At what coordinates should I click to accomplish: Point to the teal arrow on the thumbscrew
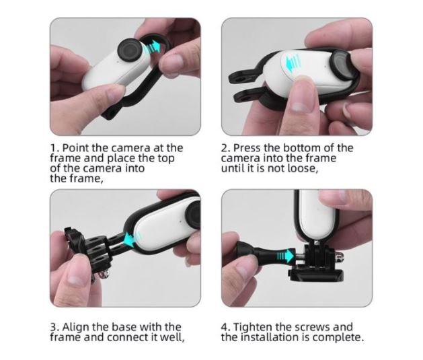click(286, 255)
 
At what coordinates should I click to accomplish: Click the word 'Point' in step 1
click(76, 148)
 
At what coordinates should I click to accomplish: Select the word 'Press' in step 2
click(247, 148)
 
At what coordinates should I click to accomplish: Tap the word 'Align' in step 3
click(76, 327)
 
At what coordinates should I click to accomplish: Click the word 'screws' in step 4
click(313, 328)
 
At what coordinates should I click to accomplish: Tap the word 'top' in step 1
click(166, 159)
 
